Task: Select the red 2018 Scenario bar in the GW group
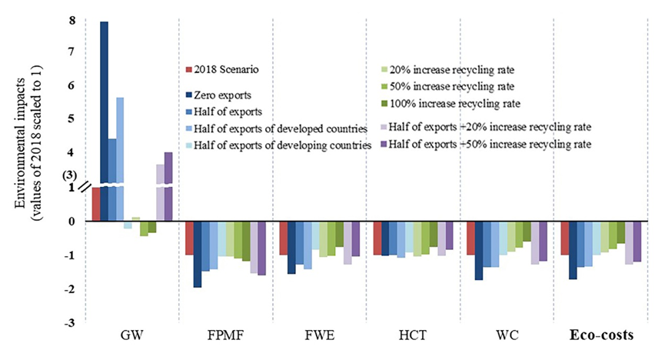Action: pyautogui.click(x=96, y=204)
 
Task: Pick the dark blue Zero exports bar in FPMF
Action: pyautogui.click(x=197, y=254)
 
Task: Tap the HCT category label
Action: pyautogui.click(x=412, y=335)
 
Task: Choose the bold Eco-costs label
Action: pyautogui.click(x=600, y=335)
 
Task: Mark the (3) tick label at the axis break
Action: pyautogui.click(x=68, y=175)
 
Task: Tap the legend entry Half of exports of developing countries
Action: pyautogui.click(x=284, y=144)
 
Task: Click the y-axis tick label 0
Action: pyautogui.click(x=71, y=222)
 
